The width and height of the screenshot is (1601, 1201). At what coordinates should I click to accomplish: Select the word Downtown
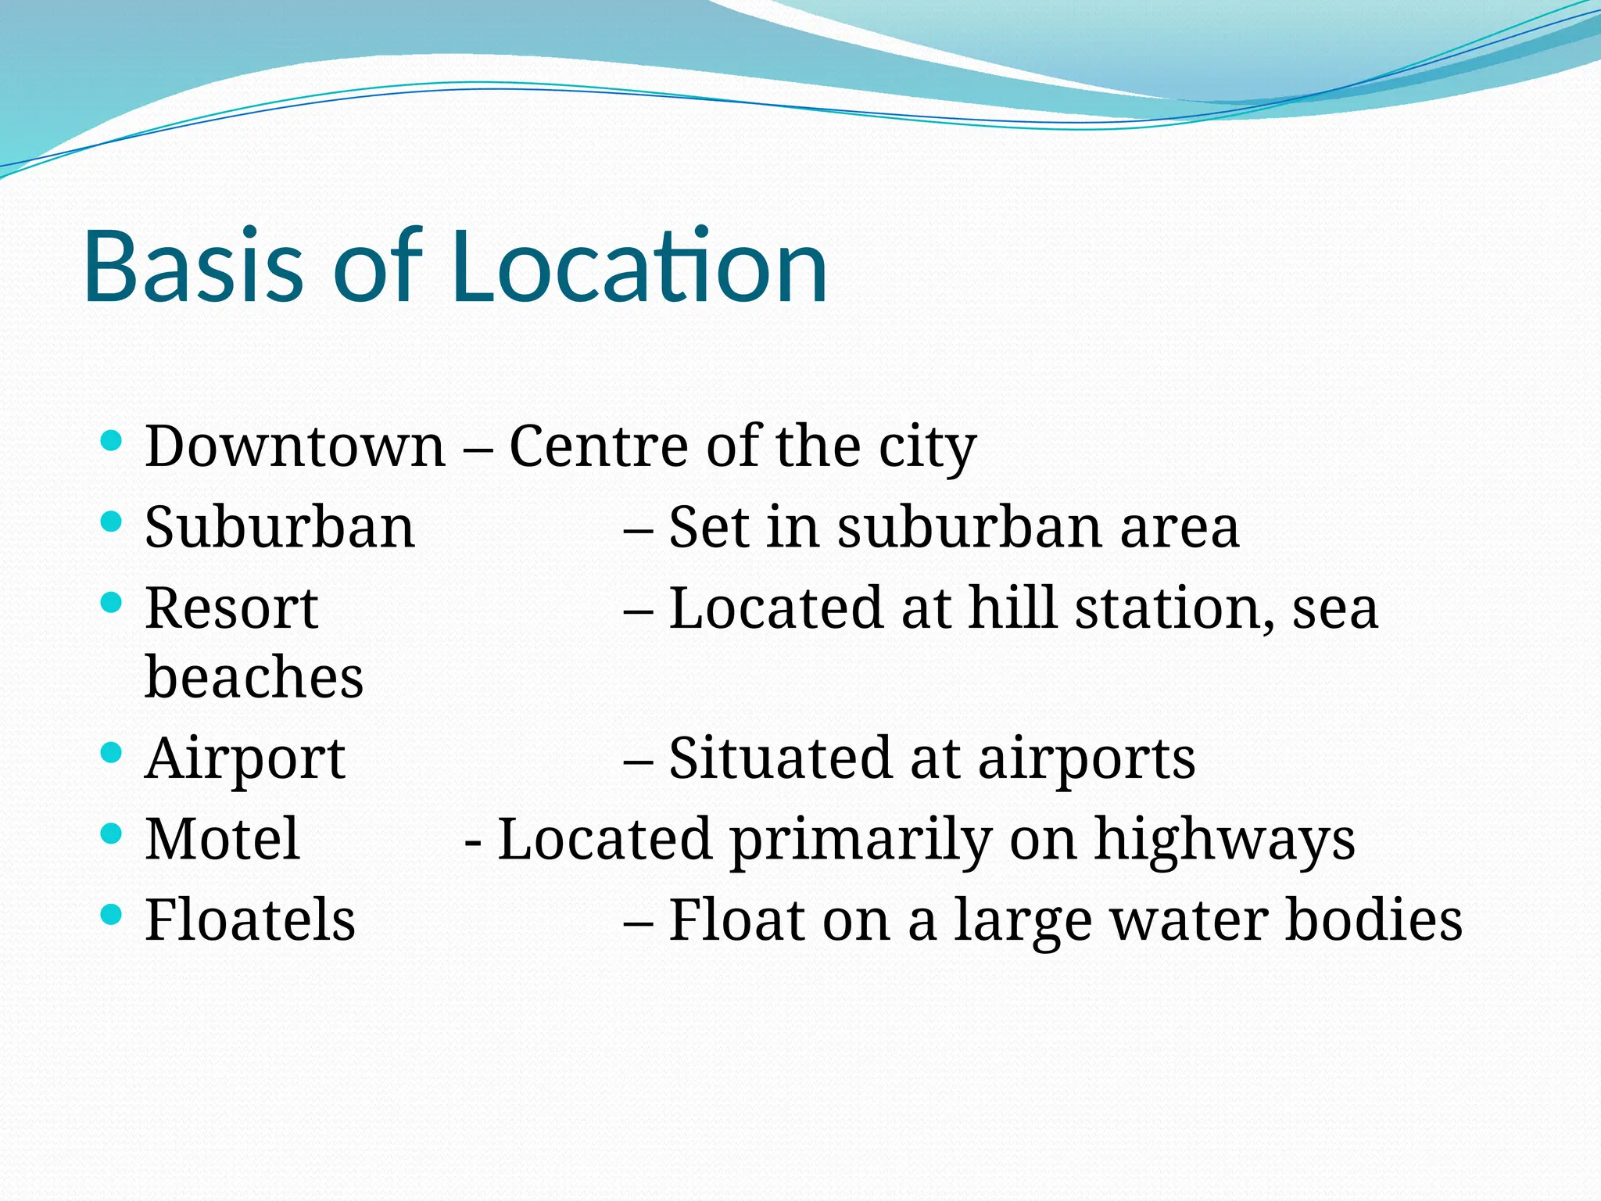[295, 446]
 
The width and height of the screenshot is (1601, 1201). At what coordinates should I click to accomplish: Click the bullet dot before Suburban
[112, 522]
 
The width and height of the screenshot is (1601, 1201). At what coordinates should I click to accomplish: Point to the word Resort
[231, 608]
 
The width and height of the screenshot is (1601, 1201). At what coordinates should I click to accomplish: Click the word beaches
[254, 677]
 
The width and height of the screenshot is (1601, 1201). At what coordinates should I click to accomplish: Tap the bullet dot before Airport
[112, 753]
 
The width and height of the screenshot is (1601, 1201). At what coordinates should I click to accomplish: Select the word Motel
[222, 839]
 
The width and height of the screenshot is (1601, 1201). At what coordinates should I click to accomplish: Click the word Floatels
[250, 920]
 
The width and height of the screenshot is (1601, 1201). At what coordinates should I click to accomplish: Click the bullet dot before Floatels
[112, 914]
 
